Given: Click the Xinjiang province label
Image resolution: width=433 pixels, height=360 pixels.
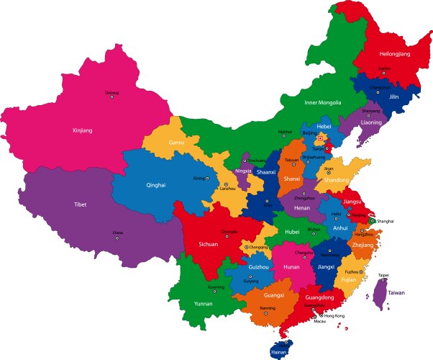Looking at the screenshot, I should pos(83,130).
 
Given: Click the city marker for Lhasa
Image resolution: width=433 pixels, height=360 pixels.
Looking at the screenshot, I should pos(118,238).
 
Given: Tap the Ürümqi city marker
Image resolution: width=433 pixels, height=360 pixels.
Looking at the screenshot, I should pos(111,97).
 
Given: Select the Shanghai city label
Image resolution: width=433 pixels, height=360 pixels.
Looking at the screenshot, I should pos(385,221).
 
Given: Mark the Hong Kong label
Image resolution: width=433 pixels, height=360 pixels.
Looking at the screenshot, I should pos(334,316).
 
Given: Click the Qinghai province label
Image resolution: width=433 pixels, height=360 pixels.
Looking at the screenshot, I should pos(156,185).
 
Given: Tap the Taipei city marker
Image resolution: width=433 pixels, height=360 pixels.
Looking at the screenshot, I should pos(383,280).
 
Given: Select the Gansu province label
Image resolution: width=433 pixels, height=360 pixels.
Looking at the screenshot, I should pos(176,143).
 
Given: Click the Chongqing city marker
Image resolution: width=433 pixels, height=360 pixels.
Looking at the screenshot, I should pos(246,247).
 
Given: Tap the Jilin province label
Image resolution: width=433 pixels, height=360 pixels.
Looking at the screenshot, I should pos(394,96).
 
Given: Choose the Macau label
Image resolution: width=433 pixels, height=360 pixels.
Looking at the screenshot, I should pos(319,322).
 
